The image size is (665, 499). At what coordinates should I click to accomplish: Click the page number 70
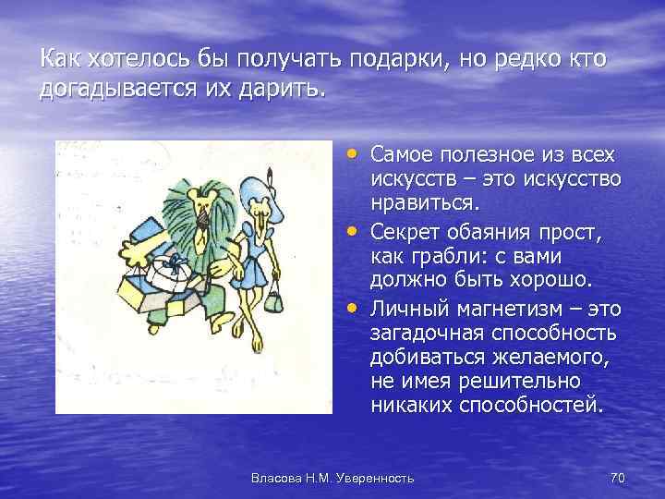[x=619, y=477]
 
